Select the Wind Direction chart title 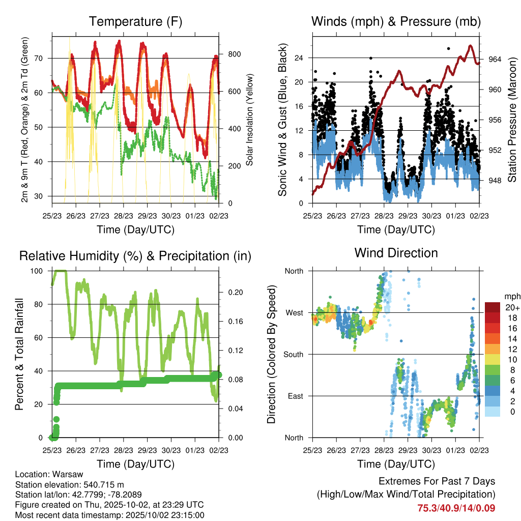[396, 253]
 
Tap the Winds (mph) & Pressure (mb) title [396, 22]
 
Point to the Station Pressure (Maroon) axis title [512, 120]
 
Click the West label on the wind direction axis [294, 312]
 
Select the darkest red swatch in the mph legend [493, 307]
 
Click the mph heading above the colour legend [511, 296]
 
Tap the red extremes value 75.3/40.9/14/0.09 [456, 508]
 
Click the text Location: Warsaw [49, 474]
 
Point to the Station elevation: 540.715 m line [70, 484]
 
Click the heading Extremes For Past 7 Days [437, 481]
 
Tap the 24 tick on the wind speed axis [299, 57]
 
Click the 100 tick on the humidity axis [39, 271]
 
